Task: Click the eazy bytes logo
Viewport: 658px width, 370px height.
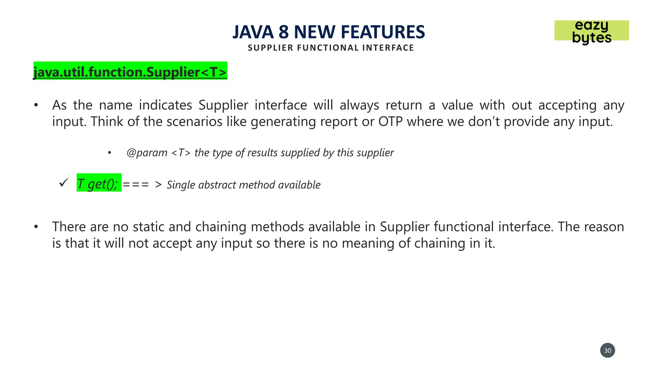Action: (x=591, y=31)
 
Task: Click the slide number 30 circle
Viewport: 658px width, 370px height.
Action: (x=607, y=350)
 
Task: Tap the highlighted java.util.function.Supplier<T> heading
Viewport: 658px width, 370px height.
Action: (x=130, y=71)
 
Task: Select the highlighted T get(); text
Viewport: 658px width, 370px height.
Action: (x=99, y=184)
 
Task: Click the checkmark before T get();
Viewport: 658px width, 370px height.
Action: (x=64, y=183)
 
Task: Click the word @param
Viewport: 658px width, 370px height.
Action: (x=147, y=153)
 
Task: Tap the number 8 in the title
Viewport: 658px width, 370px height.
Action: (x=283, y=32)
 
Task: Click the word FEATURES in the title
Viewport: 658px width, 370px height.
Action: (x=383, y=32)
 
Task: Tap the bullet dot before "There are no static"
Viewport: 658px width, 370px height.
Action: (x=36, y=227)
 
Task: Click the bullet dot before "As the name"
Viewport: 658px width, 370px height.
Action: (x=36, y=105)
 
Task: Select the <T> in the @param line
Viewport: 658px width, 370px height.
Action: (x=181, y=153)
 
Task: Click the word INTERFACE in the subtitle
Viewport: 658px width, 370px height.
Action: (x=388, y=48)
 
